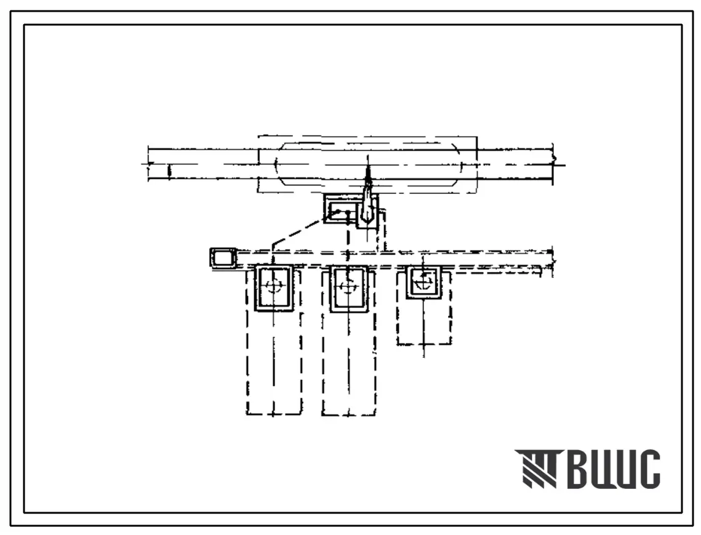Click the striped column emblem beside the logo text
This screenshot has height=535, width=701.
537,469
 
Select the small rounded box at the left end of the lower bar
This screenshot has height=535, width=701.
223,259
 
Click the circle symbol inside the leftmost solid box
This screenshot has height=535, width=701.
273,286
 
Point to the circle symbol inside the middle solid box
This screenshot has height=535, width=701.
348,286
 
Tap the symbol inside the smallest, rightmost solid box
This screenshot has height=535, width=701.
423,281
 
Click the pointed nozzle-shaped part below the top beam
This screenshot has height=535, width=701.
367,197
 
